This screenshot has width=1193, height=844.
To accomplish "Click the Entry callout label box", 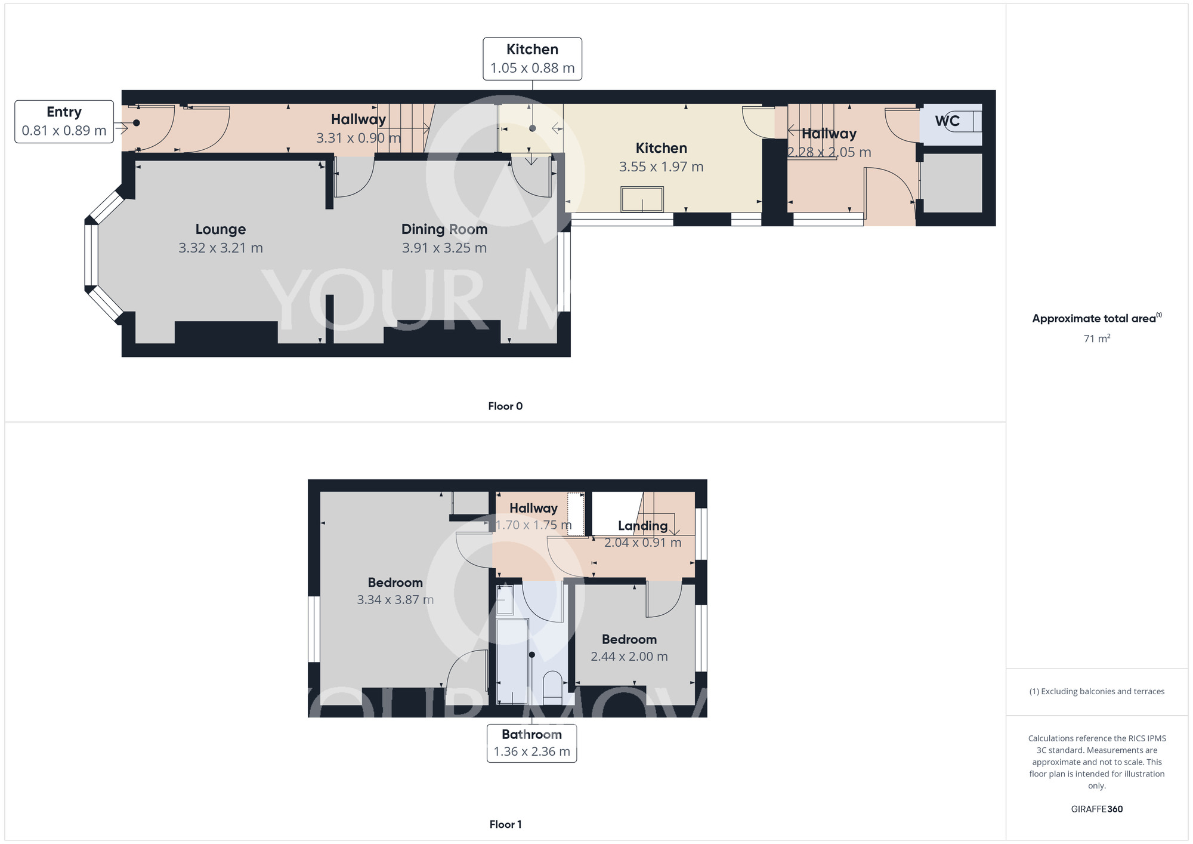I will [64, 122].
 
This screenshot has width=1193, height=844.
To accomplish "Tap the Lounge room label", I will [220, 229].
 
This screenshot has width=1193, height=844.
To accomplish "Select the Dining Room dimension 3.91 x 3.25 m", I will [444, 248].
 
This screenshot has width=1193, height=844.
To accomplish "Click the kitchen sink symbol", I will [642, 199].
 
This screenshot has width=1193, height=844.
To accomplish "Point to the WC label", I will [947, 121].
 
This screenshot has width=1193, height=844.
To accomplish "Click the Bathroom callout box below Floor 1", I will [531, 743].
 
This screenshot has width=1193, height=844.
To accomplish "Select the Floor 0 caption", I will [505, 406].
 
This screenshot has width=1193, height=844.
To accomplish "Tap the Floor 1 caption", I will [505, 824].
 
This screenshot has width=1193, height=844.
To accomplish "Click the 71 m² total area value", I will [1096, 338].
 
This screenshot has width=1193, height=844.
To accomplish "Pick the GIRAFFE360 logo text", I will [1096, 809].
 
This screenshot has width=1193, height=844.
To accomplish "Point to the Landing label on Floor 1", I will [642, 526].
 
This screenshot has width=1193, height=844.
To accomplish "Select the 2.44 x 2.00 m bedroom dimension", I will [629, 657].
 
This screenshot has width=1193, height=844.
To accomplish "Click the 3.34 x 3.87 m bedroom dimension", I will [395, 600].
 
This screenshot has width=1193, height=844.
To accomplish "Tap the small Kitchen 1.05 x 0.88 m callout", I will [532, 59].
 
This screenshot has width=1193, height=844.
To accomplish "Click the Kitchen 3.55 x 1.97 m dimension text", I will [661, 167].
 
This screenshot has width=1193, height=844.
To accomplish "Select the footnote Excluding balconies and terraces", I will [1096, 692].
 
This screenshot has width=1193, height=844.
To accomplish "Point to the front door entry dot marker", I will [136, 123].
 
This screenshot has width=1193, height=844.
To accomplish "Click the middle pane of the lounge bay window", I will [91, 255].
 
